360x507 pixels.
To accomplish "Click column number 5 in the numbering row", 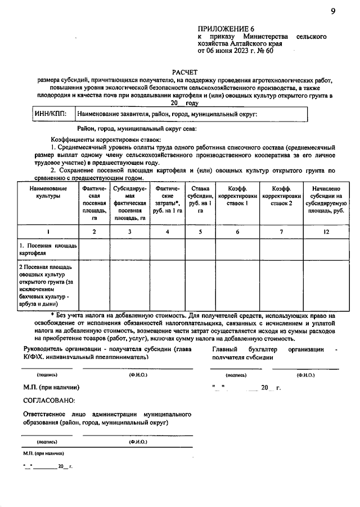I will point(201,231).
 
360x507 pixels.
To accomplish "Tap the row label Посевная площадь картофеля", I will point(48,249).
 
